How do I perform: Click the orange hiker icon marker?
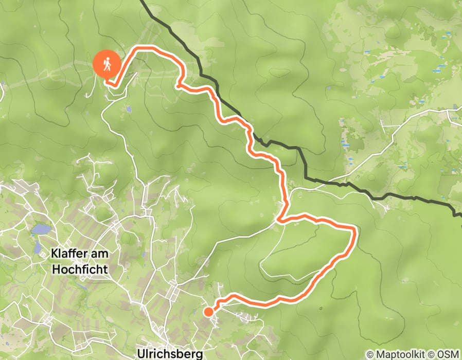[x=107, y=65]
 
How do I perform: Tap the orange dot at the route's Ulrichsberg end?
[x=208, y=312]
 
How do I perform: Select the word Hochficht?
[x=80, y=269]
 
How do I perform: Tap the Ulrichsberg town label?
[x=170, y=354]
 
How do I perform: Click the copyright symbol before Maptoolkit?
[x=370, y=354]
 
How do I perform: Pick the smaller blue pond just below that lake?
[x=38, y=247]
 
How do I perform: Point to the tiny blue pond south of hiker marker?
[x=128, y=109]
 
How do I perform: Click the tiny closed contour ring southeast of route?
[x=321, y=309]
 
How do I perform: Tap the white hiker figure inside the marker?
[x=107, y=64]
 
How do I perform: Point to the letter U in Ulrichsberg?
[x=141, y=354]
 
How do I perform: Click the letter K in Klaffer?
[x=55, y=253]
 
